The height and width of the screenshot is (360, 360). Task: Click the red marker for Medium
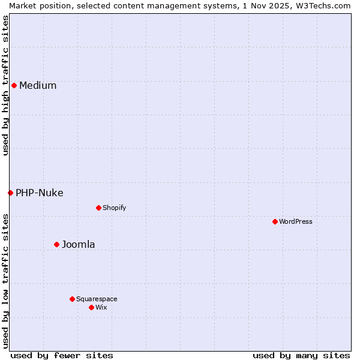click(14, 85)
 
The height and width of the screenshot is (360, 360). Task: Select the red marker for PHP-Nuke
click(10, 193)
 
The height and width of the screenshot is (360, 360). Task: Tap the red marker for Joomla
click(56, 244)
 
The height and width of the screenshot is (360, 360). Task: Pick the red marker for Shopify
click(98, 208)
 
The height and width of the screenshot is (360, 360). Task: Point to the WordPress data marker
click(275, 221)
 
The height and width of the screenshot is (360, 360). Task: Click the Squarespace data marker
click(72, 299)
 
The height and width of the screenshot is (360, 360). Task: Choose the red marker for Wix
click(91, 307)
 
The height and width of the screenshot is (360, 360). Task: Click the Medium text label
click(38, 85)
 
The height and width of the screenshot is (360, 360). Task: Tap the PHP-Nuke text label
click(40, 193)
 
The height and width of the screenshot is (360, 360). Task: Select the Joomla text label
click(79, 244)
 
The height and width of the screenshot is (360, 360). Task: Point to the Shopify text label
click(114, 208)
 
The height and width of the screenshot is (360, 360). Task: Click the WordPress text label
click(296, 221)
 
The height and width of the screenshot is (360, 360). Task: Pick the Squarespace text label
click(97, 299)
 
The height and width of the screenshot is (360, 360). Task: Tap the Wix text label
click(101, 307)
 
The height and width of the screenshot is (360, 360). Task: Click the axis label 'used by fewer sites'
click(62, 355)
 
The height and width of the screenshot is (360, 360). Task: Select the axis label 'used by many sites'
click(301, 355)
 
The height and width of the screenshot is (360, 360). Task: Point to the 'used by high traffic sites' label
click(5, 85)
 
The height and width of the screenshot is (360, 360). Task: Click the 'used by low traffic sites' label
click(5, 280)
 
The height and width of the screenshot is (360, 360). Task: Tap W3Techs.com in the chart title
click(326, 5)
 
